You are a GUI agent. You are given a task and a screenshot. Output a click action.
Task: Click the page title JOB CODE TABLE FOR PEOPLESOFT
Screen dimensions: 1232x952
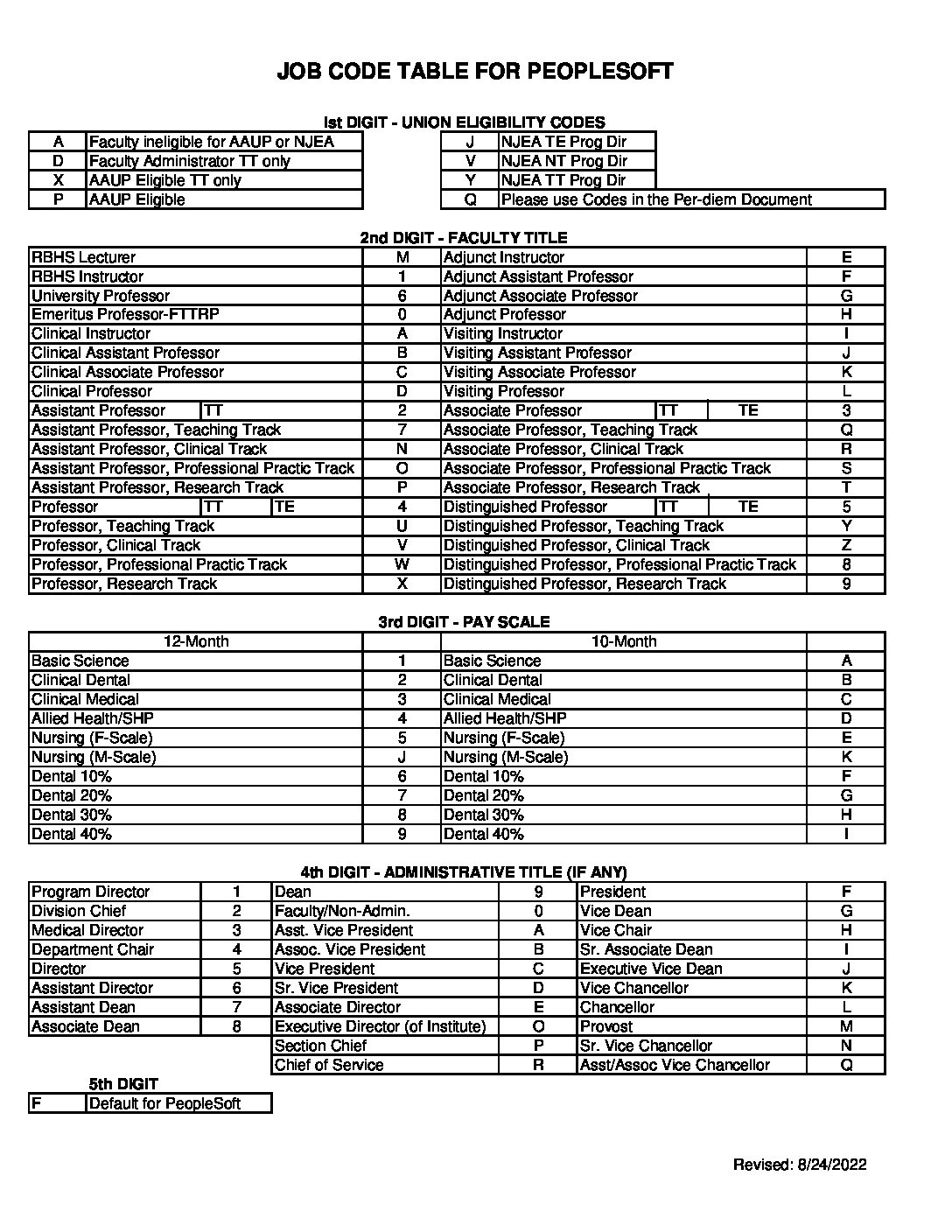[x=475, y=72]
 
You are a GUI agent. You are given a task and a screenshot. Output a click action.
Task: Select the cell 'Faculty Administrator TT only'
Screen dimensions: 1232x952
[x=190, y=161]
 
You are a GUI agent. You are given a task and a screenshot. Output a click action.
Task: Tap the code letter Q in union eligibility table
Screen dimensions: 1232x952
[x=470, y=199]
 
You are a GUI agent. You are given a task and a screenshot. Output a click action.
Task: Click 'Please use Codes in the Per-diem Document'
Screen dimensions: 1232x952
[x=656, y=199]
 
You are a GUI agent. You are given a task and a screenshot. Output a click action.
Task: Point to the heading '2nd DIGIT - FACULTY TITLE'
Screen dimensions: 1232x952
[x=464, y=238]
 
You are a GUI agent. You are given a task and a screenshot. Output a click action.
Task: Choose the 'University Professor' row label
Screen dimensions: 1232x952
[x=101, y=296]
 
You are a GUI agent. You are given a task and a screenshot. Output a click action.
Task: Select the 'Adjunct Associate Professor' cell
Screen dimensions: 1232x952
[x=541, y=296]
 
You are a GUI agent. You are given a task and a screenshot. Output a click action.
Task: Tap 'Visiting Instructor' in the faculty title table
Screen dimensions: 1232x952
[x=503, y=333]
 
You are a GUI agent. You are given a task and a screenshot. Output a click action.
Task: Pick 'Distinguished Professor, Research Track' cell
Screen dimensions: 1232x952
[x=584, y=584]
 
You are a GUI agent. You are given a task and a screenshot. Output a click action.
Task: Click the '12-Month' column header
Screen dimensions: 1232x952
[x=196, y=641]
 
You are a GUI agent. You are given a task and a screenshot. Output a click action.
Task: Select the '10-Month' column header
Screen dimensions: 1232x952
[x=624, y=641]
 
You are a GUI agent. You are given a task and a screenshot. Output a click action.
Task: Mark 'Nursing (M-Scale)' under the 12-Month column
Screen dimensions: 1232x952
[x=94, y=757]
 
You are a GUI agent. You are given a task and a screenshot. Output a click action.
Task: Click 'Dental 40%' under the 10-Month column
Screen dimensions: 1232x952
[x=484, y=834]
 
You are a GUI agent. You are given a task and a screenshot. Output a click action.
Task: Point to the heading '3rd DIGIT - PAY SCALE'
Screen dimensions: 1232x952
[x=464, y=622]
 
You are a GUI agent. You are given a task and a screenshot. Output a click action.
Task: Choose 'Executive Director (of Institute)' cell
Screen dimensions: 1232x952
[x=380, y=1026]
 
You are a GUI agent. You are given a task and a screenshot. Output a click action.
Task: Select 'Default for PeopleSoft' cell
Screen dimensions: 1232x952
[x=164, y=1103]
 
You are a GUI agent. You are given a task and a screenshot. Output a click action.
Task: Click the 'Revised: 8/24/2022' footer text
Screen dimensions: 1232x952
[x=800, y=1164]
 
